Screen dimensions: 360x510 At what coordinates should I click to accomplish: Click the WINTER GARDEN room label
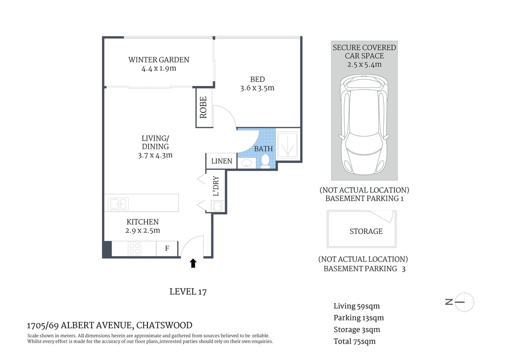pos(158,60)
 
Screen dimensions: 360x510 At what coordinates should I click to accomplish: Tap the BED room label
pos(257,80)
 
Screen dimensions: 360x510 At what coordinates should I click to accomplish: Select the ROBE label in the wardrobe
pos(203,107)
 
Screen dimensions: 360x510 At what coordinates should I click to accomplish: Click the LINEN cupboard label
pos(222,161)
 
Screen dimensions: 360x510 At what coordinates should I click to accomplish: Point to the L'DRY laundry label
pos(216,186)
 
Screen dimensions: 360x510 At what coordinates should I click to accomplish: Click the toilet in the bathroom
pos(265,161)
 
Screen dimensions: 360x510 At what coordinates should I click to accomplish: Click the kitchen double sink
pos(118,203)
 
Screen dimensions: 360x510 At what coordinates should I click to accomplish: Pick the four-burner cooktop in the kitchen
pos(134,248)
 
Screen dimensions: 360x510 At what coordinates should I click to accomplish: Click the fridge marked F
pos(167,248)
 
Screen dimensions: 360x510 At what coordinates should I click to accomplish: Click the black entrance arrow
pos(193,263)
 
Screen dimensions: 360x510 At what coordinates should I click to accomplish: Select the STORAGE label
pos(366,231)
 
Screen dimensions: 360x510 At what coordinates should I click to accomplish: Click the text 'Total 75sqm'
pos(355,341)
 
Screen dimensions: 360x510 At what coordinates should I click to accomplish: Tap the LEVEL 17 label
pos(188,292)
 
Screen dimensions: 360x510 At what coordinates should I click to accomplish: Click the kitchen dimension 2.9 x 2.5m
pos(143,230)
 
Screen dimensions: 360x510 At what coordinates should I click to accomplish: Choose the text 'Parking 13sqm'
pos(358,318)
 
